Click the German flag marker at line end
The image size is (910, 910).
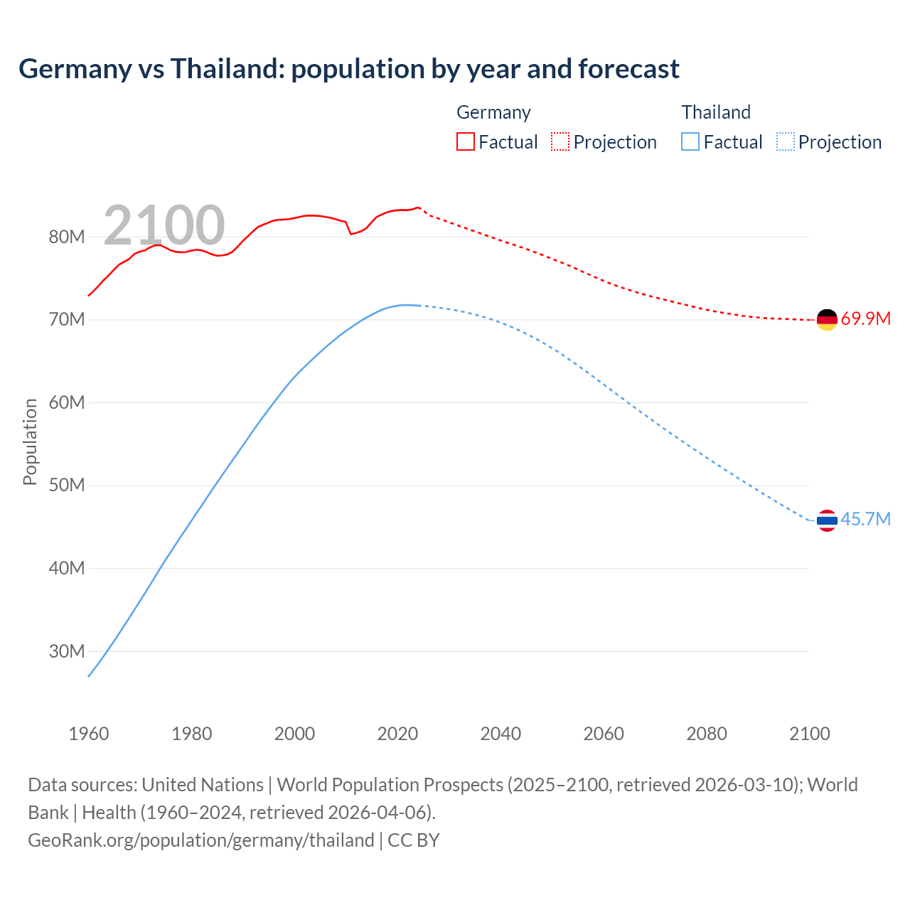pos(827,320)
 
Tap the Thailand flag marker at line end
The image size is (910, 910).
pos(827,520)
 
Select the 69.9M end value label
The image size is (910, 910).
pos(865,318)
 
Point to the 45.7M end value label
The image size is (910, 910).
pos(865,519)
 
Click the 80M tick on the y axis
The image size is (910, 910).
pos(67,237)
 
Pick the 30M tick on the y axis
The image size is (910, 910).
pos(67,651)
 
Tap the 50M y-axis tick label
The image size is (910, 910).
pos(67,486)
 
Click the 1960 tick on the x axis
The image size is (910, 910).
pos(89,734)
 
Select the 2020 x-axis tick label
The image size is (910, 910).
pos(397,734)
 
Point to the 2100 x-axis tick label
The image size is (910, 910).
pos(809,734)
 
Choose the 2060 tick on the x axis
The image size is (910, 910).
pos(604,734)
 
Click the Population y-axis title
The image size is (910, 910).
pos(30,442)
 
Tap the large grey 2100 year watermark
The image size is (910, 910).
pos(164,225)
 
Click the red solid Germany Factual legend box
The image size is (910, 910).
pos(465,142)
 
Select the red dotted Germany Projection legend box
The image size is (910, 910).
pos(560,142)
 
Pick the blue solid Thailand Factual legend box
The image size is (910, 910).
pos(690,142)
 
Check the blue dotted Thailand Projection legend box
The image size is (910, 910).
pos(785,142)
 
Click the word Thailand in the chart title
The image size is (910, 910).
pos(227,69)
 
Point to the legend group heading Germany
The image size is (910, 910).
pos(493,112)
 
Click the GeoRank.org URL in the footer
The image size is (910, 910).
pos(201,840)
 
